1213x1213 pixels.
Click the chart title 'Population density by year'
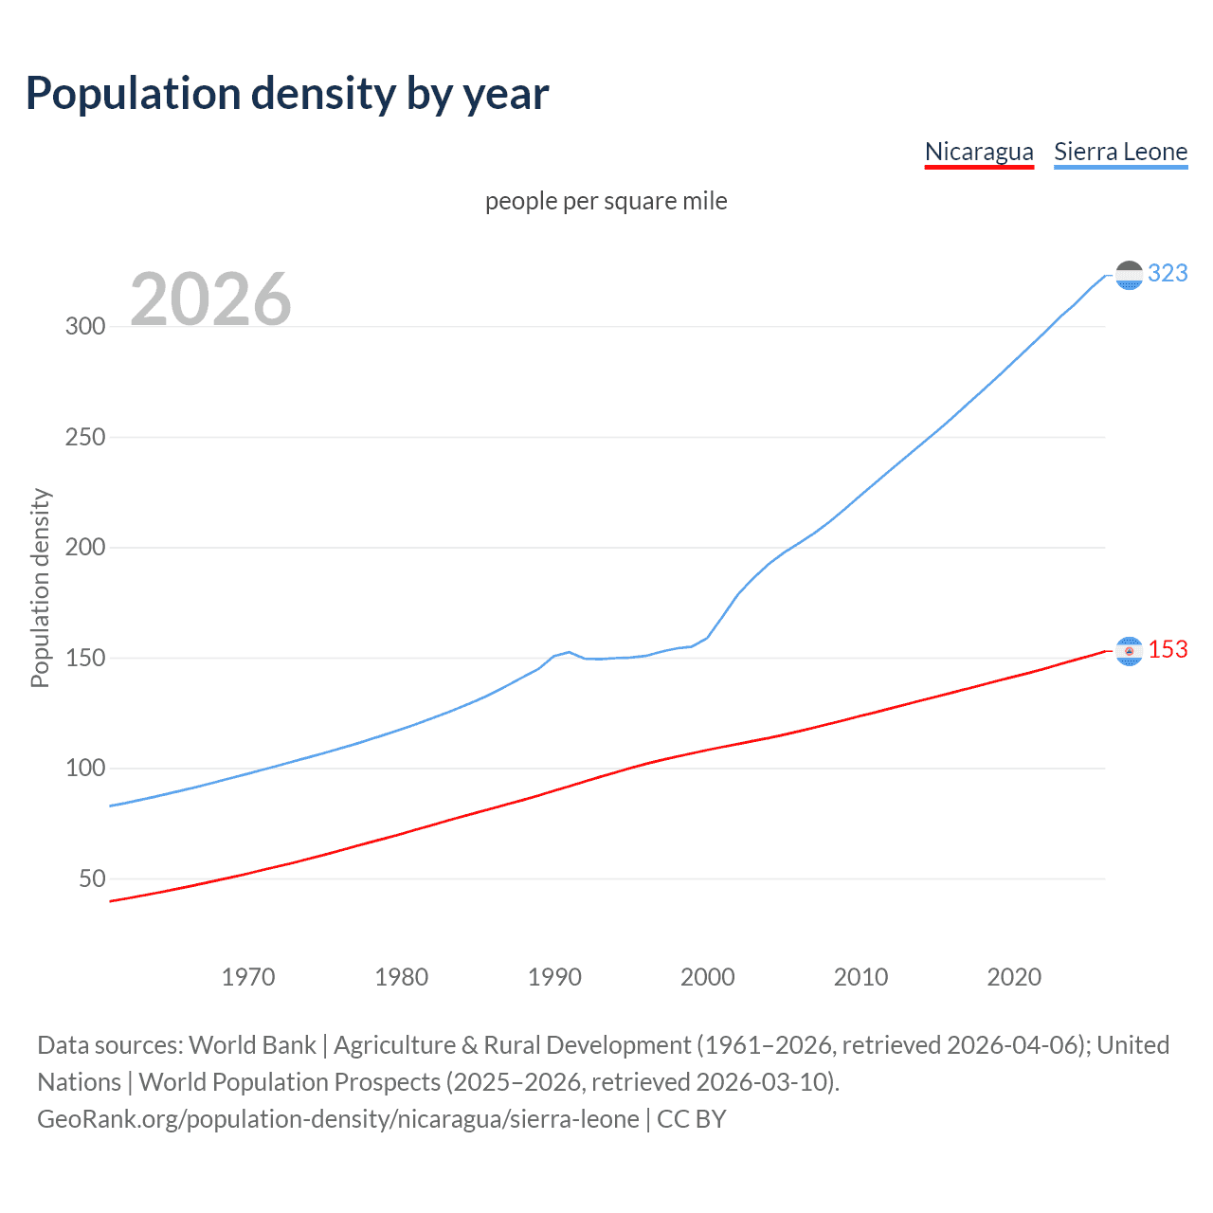287,94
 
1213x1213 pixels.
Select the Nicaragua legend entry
979,152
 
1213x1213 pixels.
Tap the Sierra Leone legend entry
1120,152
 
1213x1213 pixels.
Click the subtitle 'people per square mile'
606,201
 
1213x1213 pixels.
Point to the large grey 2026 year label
210,299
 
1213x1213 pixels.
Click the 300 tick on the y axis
85,327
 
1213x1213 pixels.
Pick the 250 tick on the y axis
85,438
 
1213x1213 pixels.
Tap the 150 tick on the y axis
85,659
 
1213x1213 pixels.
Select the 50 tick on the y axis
92,879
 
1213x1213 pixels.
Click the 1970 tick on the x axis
248,977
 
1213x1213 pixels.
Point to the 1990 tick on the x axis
554,977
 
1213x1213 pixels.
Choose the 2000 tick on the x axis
708,977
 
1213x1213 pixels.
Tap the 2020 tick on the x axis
1014,977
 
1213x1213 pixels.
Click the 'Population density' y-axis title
40,588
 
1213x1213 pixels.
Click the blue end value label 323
1168,274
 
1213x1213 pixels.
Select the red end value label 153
1168,650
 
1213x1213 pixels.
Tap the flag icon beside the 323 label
1129,275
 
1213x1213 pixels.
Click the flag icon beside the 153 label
1129,651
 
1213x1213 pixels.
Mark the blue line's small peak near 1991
569,652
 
